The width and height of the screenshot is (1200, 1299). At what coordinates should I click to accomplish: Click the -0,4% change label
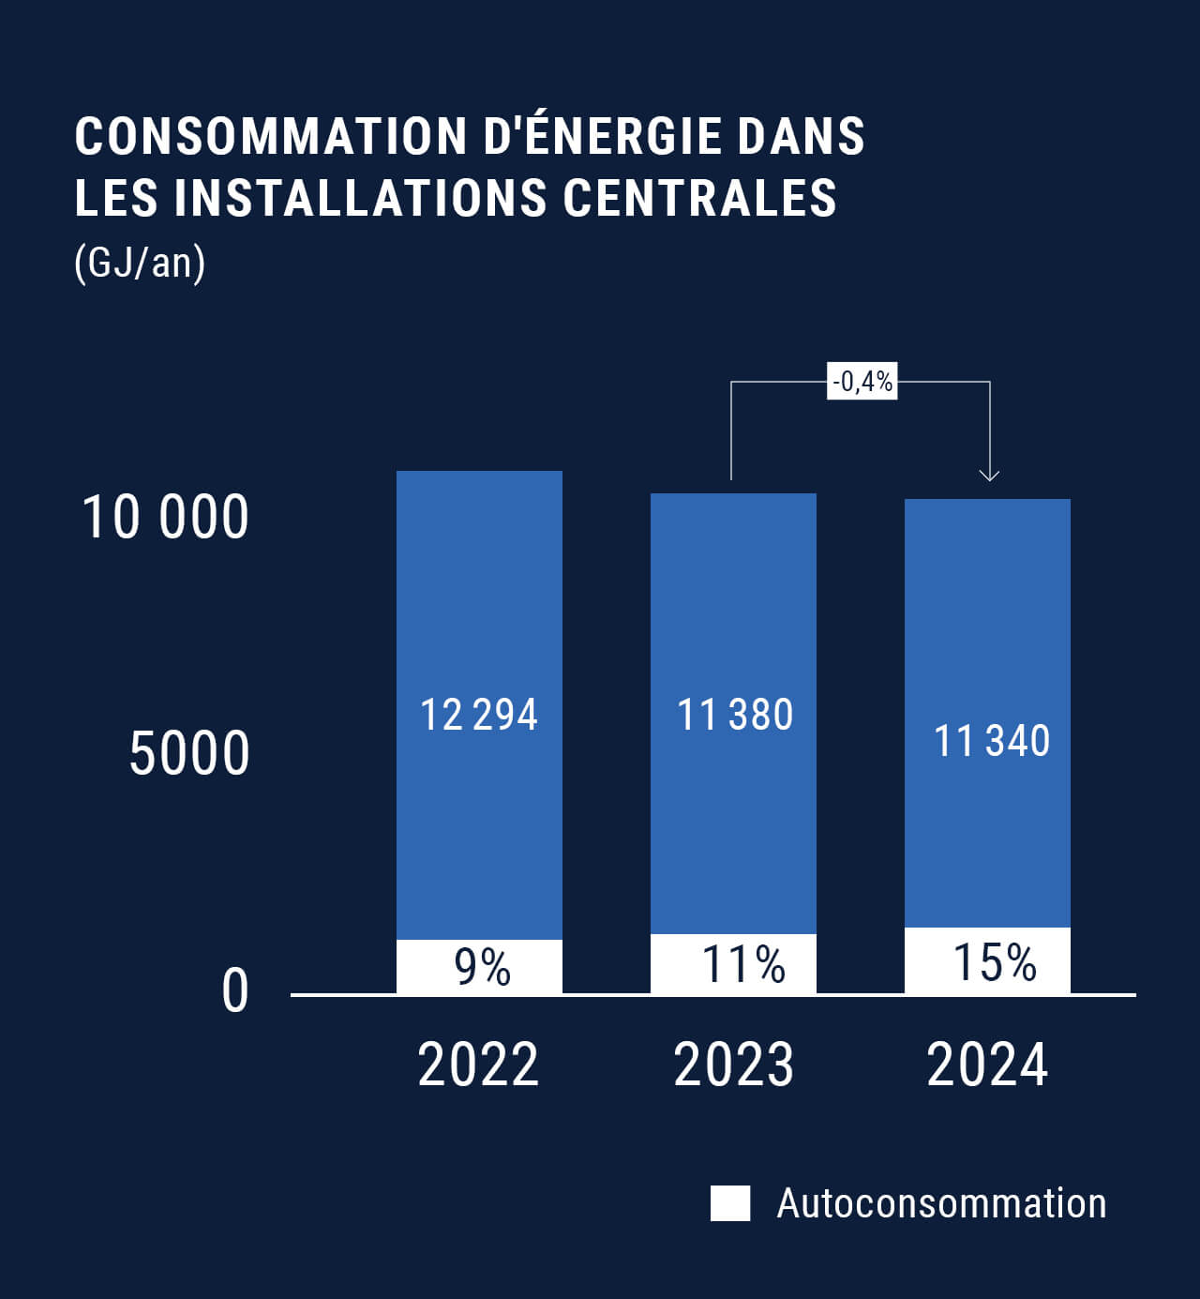pos(862,381)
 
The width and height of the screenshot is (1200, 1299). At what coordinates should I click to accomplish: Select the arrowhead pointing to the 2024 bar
pos(989,475)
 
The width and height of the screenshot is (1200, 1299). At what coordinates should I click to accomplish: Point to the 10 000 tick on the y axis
pos(166,517)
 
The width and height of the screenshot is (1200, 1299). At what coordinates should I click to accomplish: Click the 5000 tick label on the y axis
pos(189,753)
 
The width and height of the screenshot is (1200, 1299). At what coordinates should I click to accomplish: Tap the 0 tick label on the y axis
pos(235,991)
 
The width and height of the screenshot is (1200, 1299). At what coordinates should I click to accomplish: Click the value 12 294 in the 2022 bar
pos(478,715)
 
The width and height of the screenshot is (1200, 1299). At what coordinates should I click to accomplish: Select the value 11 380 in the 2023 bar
pos(734,715)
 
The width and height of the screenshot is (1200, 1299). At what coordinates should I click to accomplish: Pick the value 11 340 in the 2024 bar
pos(991,741)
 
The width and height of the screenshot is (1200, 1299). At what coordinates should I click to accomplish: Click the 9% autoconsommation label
pos(482,967)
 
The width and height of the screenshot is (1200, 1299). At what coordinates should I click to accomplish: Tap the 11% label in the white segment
pos(743,964)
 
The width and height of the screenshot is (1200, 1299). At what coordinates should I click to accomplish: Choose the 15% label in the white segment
pos(994,962)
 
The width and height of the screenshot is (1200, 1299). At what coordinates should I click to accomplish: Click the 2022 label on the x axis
pos(478,1065)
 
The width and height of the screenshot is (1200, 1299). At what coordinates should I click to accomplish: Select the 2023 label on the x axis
pos(733,1065)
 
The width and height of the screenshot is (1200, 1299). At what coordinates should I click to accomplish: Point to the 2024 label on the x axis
pos(987,1065)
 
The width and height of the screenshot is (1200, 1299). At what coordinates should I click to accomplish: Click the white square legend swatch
pos(729,1203)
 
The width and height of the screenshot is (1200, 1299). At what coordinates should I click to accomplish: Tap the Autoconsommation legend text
pos(941,1203)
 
